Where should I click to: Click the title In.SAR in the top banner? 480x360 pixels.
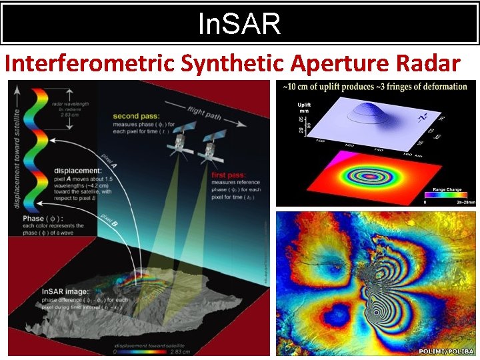[x=239, y=25]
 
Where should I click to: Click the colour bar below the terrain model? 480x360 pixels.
[x=151, y=352]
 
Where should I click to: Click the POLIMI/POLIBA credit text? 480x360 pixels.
[x=446, y=351]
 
